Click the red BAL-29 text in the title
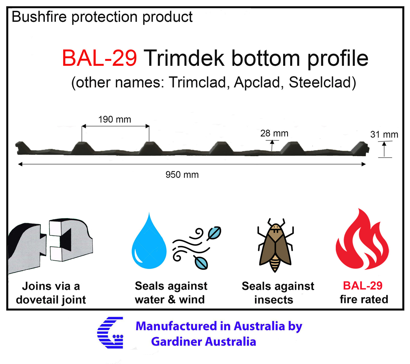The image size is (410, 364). (x=99, y=58)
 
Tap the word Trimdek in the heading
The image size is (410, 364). (x=184, y=58)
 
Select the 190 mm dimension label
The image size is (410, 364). (x=115, y=120)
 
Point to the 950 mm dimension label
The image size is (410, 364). (x=182, y=175)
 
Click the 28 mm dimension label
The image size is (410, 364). (x=274, y=133)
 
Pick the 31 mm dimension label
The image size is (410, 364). (x=384, y=134)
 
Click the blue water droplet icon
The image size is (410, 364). (x=149, y=244)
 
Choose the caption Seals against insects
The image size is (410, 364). (x=277, y=293)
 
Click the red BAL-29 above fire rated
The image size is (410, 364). (x=363, y=285)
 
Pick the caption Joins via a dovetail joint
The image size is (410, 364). (x=51, y=293)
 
